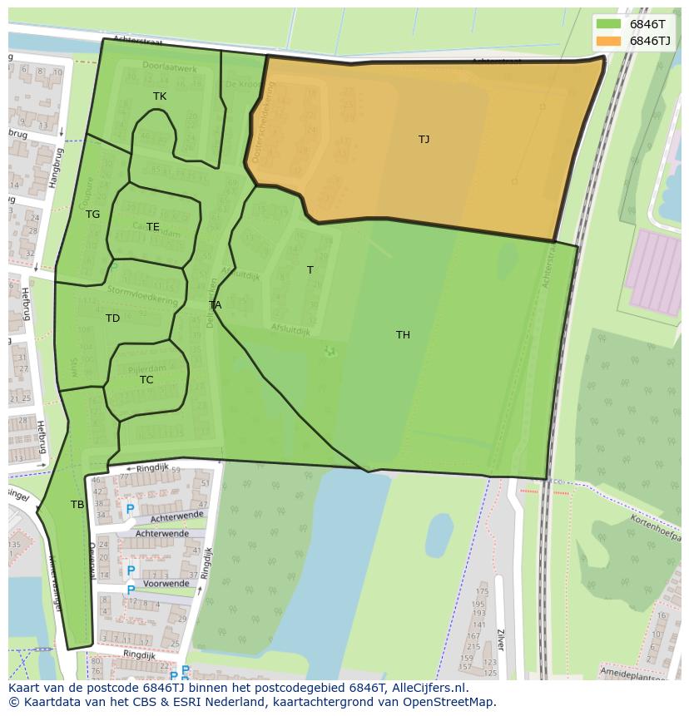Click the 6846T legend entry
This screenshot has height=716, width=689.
tap(634, 23)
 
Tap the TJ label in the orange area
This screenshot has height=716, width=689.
tap(424, 140)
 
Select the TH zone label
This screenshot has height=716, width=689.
tap(403, 335)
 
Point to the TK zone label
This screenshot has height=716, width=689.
tap(160, 96)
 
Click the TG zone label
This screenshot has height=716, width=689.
tap(92, 215)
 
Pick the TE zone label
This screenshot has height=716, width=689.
tap(153, 227)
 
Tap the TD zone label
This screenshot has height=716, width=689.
tap(112, 318)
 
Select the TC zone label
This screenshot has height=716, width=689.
tap(146, 380)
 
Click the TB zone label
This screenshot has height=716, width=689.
tap(77, 505)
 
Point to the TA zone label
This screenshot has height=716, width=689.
tap(215, 305)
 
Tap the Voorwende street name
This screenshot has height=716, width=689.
tap(166, 584)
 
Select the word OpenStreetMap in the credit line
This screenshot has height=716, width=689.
tap(451, 703)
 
